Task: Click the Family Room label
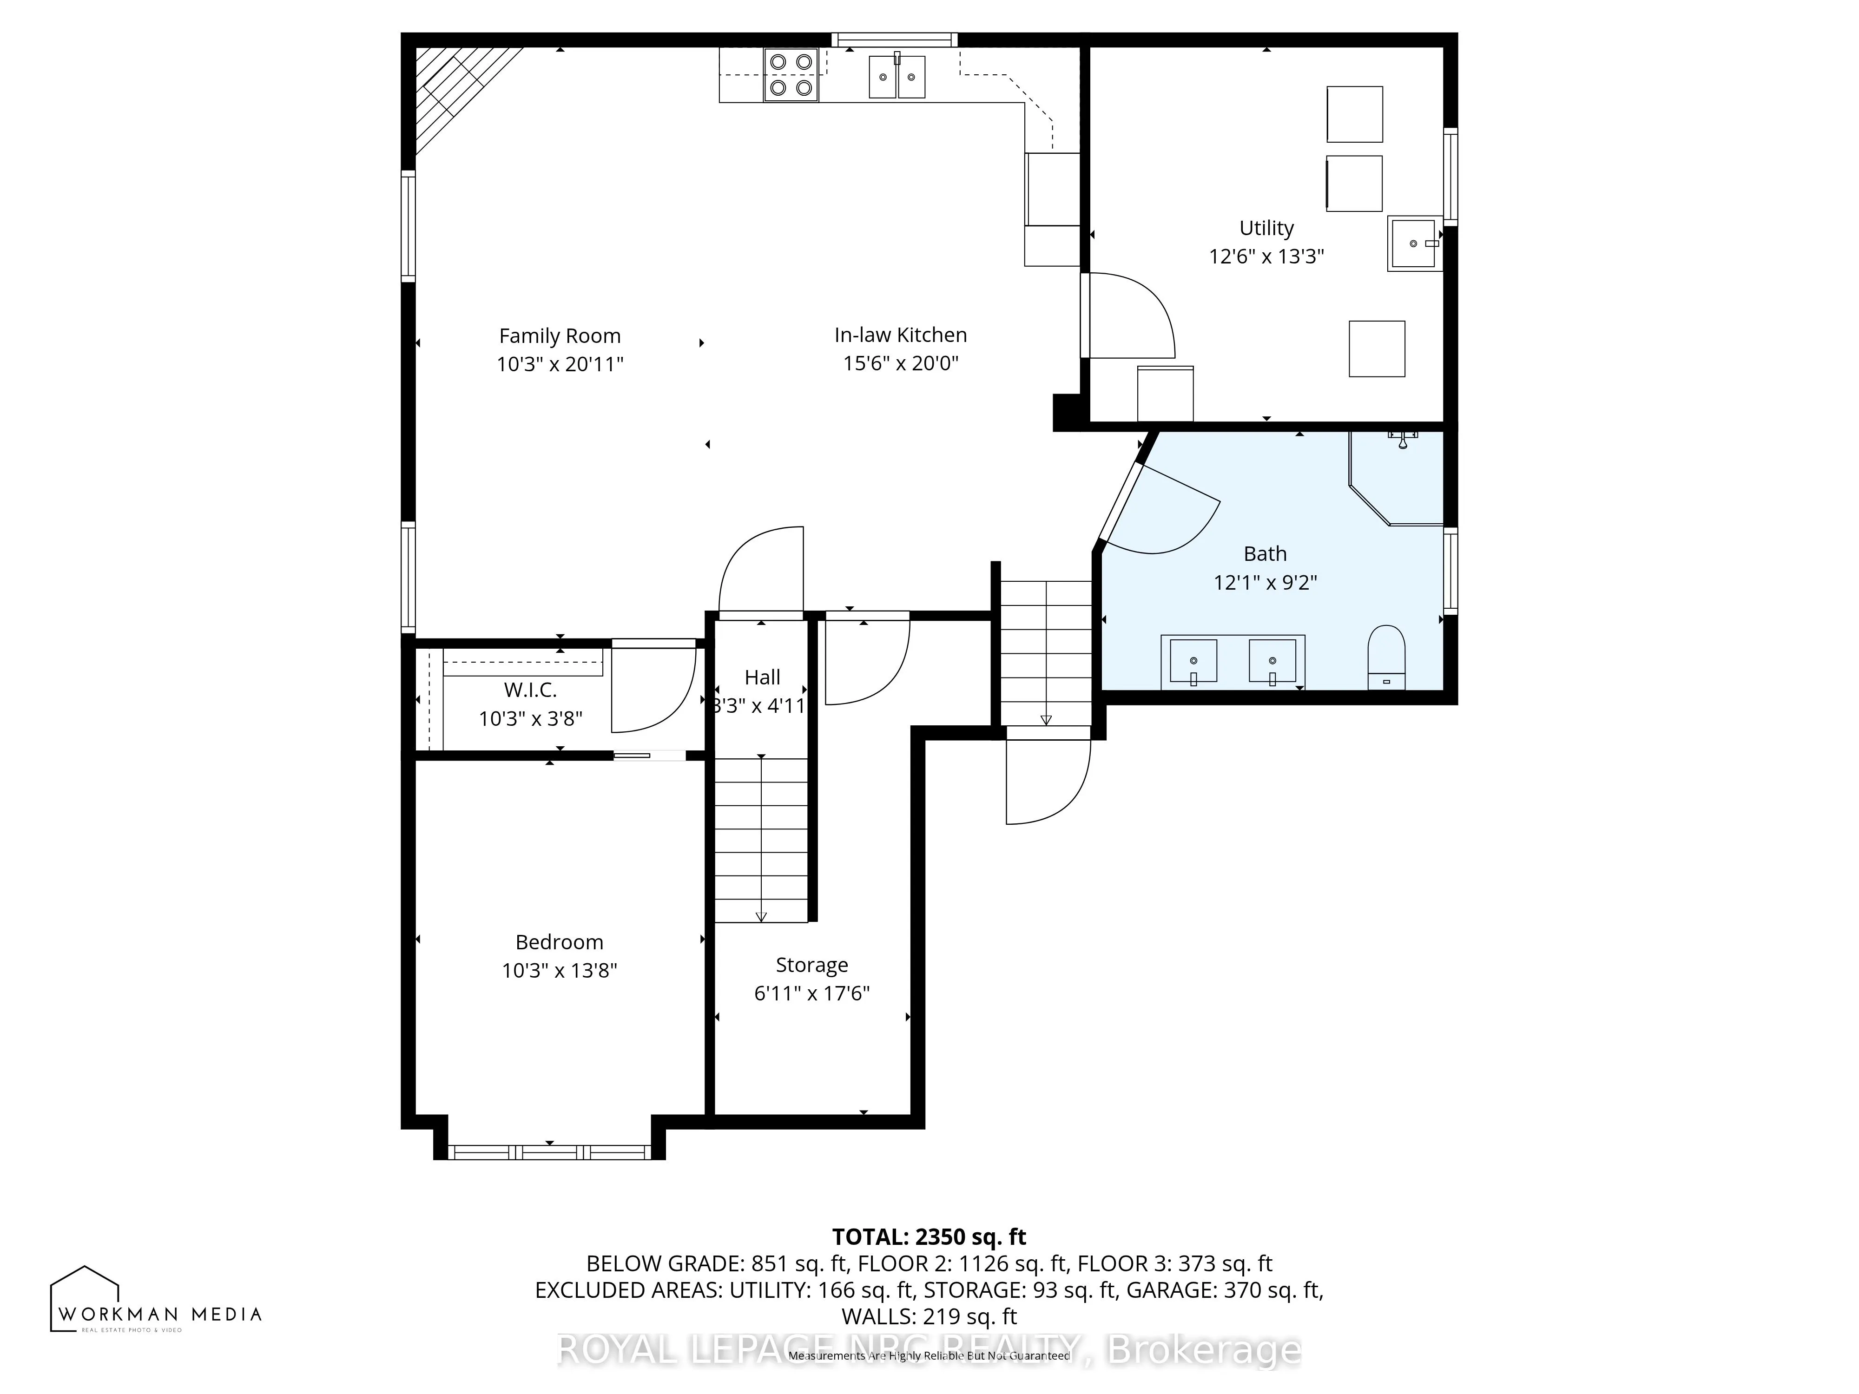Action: coord(560,336)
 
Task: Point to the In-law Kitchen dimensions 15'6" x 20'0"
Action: coord(901,363)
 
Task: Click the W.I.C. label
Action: coord(530,690)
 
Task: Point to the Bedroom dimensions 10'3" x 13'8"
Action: coord(560,971)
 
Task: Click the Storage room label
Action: coord(812,965)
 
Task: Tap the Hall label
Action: coord(762,677)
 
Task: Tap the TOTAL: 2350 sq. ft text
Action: coord(929,1237)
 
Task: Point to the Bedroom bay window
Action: coord(550,1152)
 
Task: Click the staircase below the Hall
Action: coord(761,840)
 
